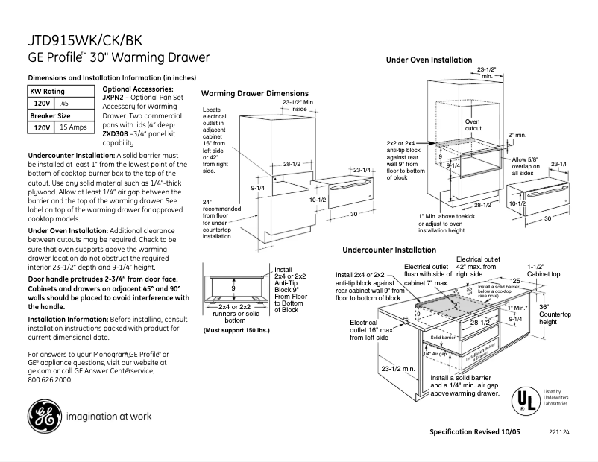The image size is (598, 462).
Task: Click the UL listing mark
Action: tap(525, 401)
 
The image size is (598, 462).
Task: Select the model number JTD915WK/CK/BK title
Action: tap(88, 40)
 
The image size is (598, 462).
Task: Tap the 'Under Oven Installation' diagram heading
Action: tap(429, 60)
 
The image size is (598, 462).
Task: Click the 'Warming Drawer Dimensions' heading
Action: tap(255, 94)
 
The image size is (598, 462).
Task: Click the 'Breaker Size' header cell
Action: tap(50, 116)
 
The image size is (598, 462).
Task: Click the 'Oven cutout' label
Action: tap(473, 124)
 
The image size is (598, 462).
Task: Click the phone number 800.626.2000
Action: tap(50, 379)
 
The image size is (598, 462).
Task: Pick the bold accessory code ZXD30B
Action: tap(115, 133)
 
